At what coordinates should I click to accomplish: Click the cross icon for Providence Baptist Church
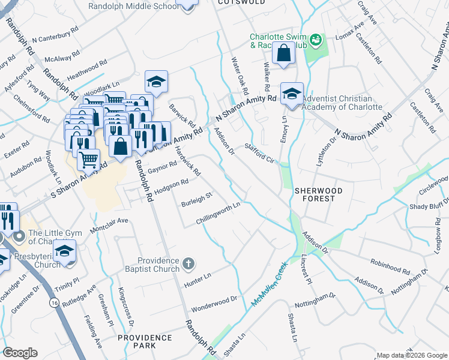pyautogui.click(x=188, y=263)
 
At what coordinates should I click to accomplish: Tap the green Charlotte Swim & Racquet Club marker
pyautogui.click(x=316, y=40)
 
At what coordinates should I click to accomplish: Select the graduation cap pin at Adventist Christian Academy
pyautogui.click(x=292, y=94)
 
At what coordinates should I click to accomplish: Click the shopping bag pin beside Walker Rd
pyautogui.click(x=283, y=54)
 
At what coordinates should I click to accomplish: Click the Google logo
pyautogui.click(x=20, y=353)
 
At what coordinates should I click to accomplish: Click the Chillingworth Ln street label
pyautogui.click(x=218, y=214)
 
